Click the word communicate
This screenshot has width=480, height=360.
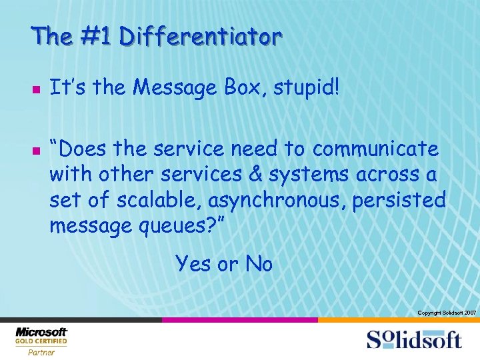pyautogui.click(x=375, y=149)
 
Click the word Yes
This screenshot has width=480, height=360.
pyautogui.click(x=193, y=264)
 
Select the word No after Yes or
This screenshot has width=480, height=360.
pyautogui.click(x=259, y=264)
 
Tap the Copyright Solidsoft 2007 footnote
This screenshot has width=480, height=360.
pyautogui.click(x=446, y=313)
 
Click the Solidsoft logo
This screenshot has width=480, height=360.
pyautogui.click(x=413, y=339)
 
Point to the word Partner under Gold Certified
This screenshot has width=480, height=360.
pyautogui.click(x=41, y=353)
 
